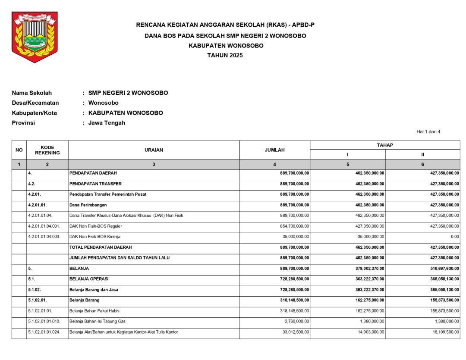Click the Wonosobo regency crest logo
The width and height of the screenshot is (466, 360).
pos(34,37)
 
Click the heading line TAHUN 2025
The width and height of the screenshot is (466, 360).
pos(225,55)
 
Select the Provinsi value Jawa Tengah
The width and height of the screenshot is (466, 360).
pos(107,123)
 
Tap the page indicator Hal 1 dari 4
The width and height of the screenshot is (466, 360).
pos(428,132)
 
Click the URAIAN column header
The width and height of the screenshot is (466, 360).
pos(154,150)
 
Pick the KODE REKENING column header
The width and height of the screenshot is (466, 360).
pos(47,150)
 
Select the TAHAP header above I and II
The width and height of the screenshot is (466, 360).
pos(385,145)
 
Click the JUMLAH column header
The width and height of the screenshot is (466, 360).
pos(274,150)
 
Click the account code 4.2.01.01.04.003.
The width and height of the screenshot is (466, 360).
pos(44,237)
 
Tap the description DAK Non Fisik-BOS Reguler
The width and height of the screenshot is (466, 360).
pos(95,226)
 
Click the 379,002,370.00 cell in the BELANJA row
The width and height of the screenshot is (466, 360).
pos(366,268)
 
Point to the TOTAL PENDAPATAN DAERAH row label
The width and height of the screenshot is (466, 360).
pos(101,247)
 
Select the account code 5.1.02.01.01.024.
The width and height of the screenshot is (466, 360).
pos(44,332)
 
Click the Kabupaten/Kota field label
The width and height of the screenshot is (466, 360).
pos(34,113)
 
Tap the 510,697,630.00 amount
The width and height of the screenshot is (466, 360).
pos(442,268)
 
